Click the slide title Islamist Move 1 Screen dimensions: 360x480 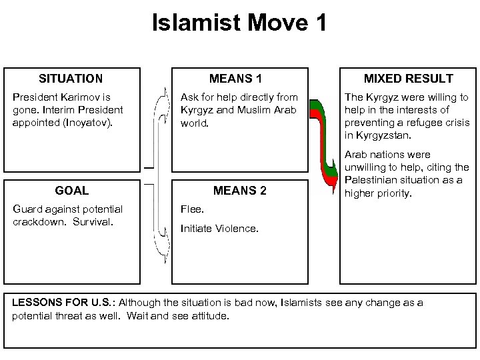click(239, 24)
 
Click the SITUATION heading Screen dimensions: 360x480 click(71, 79)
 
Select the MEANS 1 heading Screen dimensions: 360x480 click(239, 79)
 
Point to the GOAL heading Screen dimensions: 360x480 click(72, 191)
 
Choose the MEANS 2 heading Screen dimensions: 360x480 click(239, 191)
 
